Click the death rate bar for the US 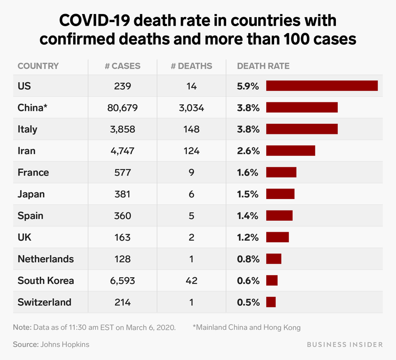[x=321, y=86]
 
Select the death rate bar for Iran [x=290, y=151]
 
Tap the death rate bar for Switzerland [x=271, y=302]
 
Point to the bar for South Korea [x=272, y=281]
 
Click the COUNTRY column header [x=38, y=66]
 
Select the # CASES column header [x=122, y=66]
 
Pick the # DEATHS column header [x=191, y=66]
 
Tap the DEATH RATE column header [x=263, y=66]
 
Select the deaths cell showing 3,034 [x=191, y=107]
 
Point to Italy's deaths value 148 [x=191, y=129]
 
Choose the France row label [x=33, y=172]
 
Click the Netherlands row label [x=46, y=259]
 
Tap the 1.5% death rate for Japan [x=248, y=194]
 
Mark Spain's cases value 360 [x=122, y=216]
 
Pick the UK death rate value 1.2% [x=248, y=238]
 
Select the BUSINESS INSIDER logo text [x=338, y=344]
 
